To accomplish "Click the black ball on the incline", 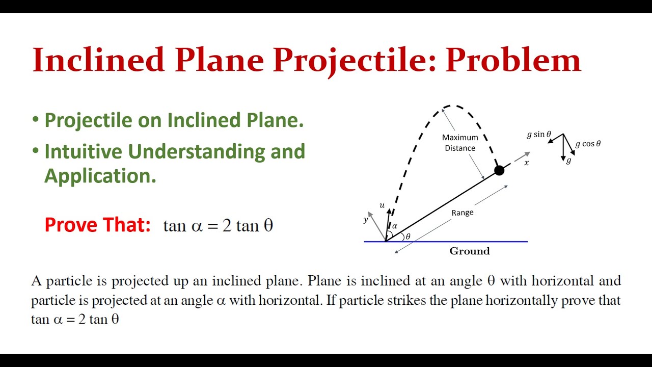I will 499,171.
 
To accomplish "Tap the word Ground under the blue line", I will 469,251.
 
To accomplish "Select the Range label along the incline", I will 463,212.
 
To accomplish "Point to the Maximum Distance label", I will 460,143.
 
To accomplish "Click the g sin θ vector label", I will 539,135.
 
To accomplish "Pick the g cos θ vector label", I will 588,144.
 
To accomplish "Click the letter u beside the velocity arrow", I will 382,205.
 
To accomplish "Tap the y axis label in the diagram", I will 366,220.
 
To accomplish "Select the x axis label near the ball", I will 527,163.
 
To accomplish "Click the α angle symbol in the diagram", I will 394,226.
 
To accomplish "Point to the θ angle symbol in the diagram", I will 408,236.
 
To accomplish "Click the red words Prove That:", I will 97,225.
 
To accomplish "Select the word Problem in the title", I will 513,60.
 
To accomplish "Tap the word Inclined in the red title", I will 98,60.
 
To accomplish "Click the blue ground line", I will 458,242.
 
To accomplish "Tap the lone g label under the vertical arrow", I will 569,161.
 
